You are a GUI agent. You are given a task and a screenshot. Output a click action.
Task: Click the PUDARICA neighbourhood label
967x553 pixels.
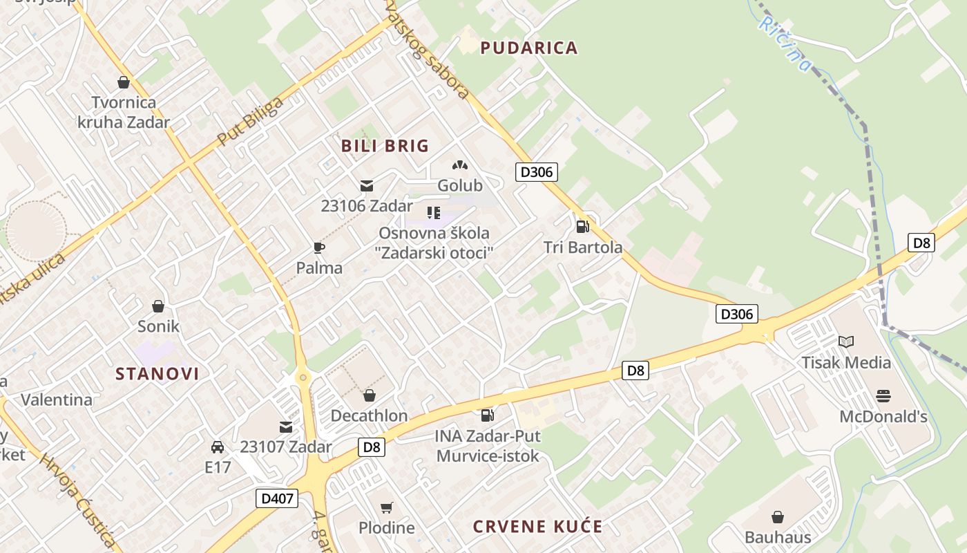point(528,48)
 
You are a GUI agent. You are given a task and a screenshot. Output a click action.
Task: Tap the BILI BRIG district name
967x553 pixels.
point(385,146)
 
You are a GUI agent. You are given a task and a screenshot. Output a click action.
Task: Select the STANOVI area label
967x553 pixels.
point(157,374)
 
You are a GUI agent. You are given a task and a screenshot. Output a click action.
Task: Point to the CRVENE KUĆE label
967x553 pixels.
point(537,527)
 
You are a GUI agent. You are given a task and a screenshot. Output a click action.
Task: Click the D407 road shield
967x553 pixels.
point(276,498)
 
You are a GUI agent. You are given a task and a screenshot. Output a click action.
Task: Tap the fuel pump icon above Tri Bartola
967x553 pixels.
point(583,226)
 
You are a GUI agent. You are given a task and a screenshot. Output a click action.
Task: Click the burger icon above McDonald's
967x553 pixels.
point(883,395)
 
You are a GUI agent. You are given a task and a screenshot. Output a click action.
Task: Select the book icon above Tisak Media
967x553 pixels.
point(845,341)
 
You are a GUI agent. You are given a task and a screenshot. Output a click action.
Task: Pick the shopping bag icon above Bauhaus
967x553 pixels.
point(778,516)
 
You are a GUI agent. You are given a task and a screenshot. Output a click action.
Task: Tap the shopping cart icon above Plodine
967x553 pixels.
point(387,507)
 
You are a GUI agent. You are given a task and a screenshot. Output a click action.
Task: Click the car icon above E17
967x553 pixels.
point(218,447)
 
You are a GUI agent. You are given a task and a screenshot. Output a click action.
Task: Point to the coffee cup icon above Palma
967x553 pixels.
point(318,247)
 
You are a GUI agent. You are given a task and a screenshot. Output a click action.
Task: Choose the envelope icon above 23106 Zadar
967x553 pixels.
point(366,185)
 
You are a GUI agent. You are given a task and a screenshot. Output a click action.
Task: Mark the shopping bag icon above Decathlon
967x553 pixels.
point(369,395)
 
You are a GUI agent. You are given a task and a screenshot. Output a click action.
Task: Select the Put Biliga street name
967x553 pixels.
point(250,122)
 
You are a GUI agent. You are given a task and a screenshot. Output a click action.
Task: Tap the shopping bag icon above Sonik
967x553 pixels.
point(158,306)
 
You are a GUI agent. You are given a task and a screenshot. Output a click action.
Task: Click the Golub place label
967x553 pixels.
point(460,185)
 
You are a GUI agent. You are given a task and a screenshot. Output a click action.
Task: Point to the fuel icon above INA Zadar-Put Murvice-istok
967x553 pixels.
point(488,415)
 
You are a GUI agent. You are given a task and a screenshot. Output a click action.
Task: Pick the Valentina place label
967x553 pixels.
point(57,400)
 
